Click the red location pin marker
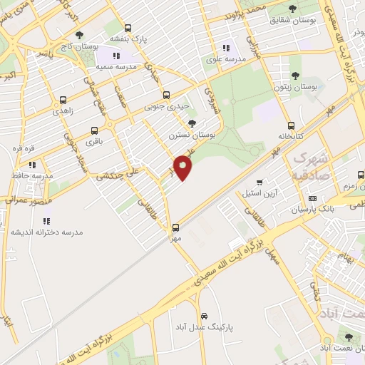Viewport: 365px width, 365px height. pyautogui.click(x=183, y=168)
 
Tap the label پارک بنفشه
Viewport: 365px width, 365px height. pyautogui.click(x=128, y=38)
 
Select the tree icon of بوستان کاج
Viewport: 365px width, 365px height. pyautogui.click(x=78, y=35)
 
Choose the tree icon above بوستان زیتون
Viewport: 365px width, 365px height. pyautogui.click(x=295, y=74)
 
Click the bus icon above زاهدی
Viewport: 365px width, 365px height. pyautogui.click(x=63, y=101)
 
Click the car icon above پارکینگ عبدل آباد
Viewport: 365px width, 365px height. pyautogui.click(x=204, y=314)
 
